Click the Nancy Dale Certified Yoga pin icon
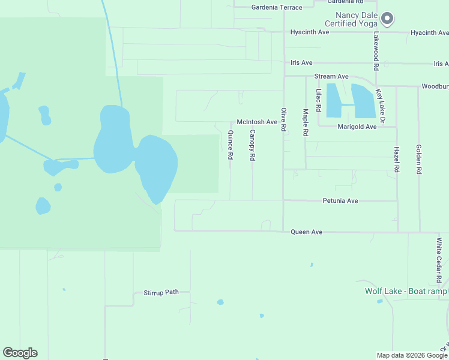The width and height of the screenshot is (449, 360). (x=387, y=19)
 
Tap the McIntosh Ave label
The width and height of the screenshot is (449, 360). (x=257, y=122)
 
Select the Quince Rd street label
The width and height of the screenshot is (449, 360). (x=231, y=145)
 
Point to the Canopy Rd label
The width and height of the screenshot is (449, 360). (x=253, y=145)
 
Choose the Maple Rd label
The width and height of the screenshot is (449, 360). (x=306, y=121)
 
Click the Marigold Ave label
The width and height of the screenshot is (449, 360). (x=357, y=127)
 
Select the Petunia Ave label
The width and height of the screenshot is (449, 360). (x=340, y=200)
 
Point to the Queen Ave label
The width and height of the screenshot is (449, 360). (x=306, y=232)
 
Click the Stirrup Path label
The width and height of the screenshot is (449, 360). (x=161, y=293)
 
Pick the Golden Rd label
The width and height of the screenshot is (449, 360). (x=418, y=159)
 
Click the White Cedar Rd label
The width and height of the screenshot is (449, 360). (x=439, y=260)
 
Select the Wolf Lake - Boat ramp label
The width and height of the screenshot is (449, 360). (x=406, y=292)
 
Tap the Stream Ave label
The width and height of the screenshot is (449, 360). (x=331, y=77)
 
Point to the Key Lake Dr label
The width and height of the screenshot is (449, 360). (x=379, y=107)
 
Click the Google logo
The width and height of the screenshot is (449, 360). (x=20, y=353)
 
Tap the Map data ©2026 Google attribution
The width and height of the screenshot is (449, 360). (x=411, y=355)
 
